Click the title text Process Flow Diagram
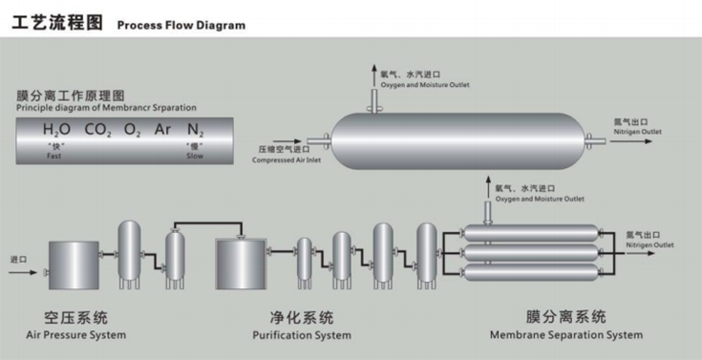tap(181, 25)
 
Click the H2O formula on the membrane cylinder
tap(56, 130)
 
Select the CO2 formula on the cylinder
tap(97, 130)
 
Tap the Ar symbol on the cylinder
tap(162, 130)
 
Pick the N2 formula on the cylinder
tap(196, 130)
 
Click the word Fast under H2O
tap(53, 156)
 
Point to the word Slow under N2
tap(195, 156)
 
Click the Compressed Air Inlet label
tap(287, 159)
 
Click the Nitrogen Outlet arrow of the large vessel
tap(630, 141)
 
